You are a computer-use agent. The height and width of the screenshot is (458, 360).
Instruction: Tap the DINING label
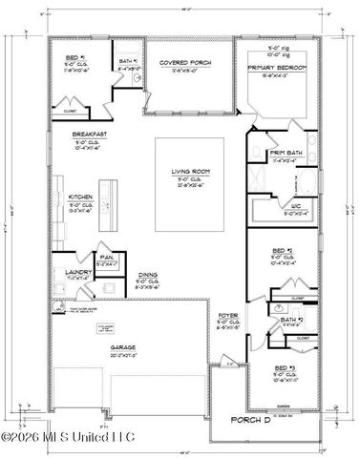[x=146, y=273]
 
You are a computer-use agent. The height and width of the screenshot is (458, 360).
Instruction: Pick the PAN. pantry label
[x=107, y=256]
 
